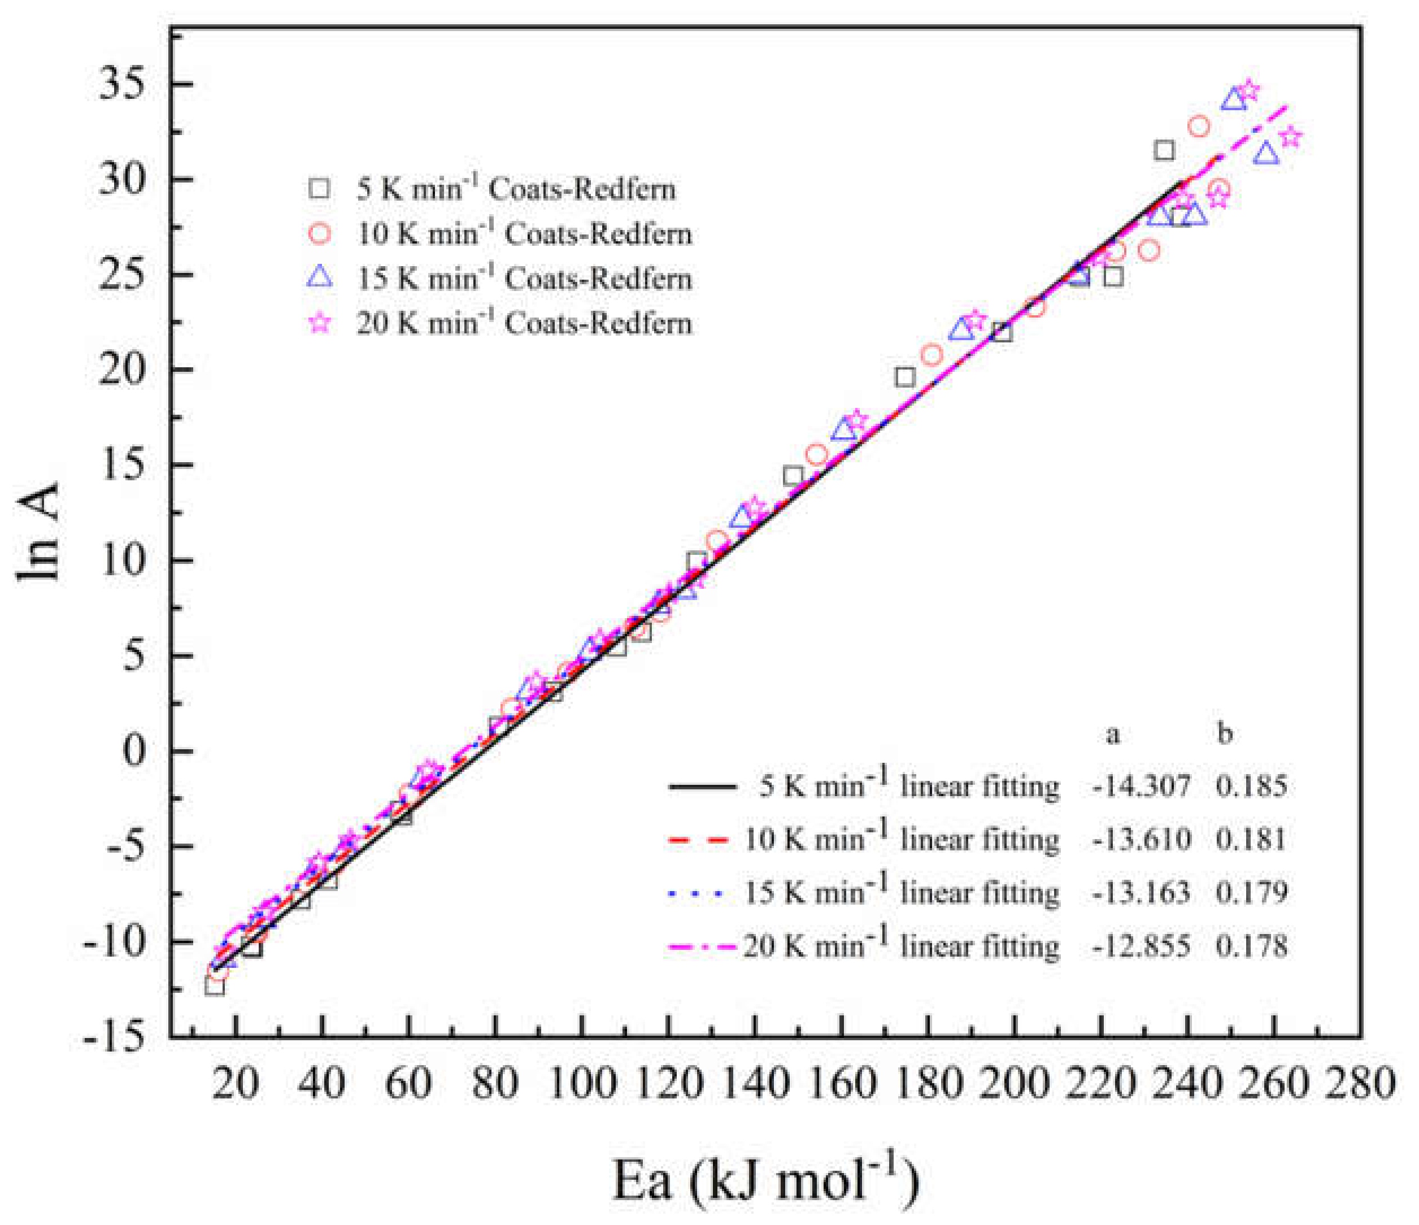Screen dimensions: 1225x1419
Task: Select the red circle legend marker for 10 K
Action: coord(320,234)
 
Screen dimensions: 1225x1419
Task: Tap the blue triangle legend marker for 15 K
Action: coord(320,277)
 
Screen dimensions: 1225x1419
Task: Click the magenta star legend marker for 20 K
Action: coord(320,323)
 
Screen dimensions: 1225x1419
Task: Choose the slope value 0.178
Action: coord(1251,946)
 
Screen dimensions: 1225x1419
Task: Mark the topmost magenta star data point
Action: coord(1248,90)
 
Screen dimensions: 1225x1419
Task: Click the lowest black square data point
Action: coord(214,987)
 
